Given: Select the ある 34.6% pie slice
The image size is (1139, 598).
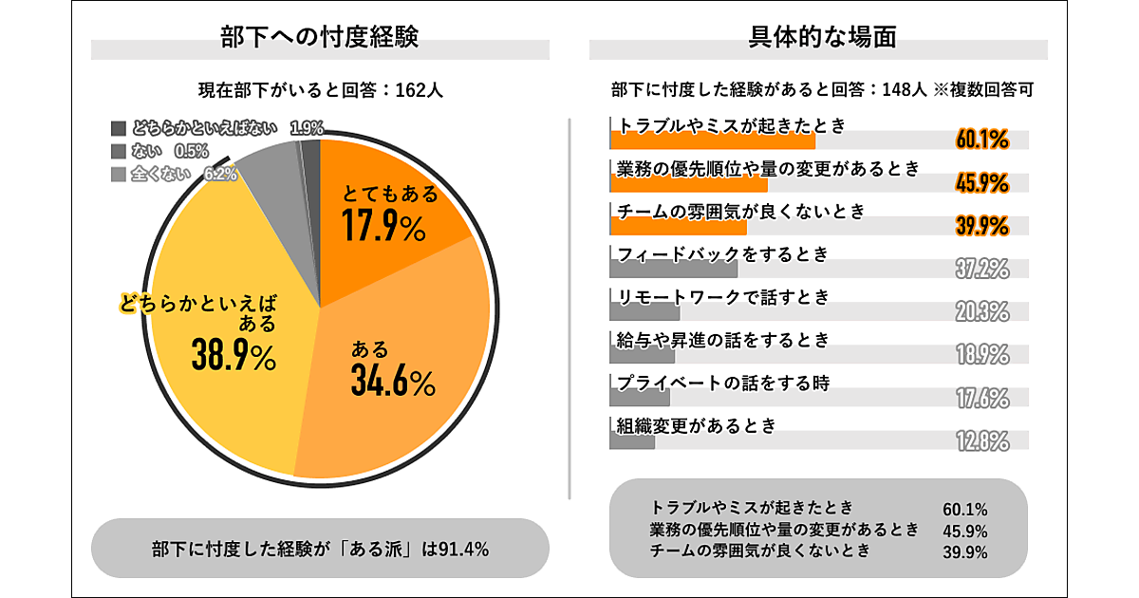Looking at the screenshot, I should (399, 370).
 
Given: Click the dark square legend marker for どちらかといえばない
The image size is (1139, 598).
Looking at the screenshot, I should (119, 128).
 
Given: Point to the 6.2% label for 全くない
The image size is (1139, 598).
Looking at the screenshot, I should (220, 175).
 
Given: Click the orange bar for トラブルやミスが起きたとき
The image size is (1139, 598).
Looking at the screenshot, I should (712, 140).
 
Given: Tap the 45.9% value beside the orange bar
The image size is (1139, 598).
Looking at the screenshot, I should (981, 182).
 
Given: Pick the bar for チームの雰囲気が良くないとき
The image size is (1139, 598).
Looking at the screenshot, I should (678, 227).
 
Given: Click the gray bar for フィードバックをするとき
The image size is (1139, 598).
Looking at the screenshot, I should (673, 270).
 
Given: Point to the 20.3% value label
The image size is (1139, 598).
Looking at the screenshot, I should (981, 311).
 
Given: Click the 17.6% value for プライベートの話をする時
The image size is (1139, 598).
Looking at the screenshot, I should (981, 398).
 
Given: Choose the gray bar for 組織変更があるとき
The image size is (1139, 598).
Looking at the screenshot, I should (632, 441).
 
